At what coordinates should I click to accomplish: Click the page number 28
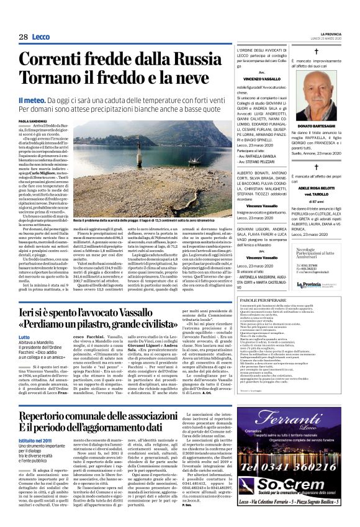coord(24,37)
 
